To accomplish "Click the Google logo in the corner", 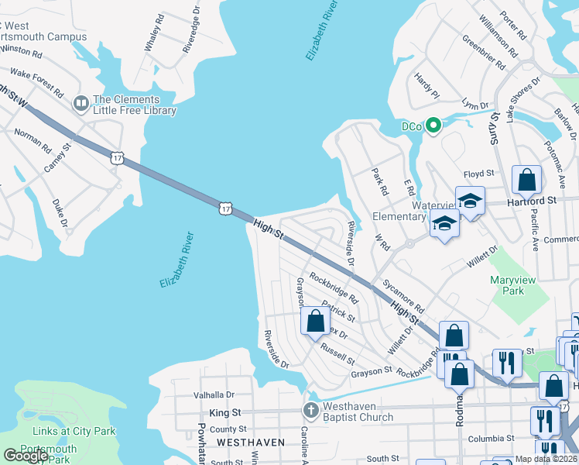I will [25, 456].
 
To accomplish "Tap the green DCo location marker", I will [433, 126].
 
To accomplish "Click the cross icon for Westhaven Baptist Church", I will [310, 409].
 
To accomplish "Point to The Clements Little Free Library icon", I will [81, 103].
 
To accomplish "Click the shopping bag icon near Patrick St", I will [315, 321].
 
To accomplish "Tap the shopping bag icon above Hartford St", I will [526, 181].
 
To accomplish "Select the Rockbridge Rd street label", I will [334, 288].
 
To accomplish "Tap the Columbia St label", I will [492, 439].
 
